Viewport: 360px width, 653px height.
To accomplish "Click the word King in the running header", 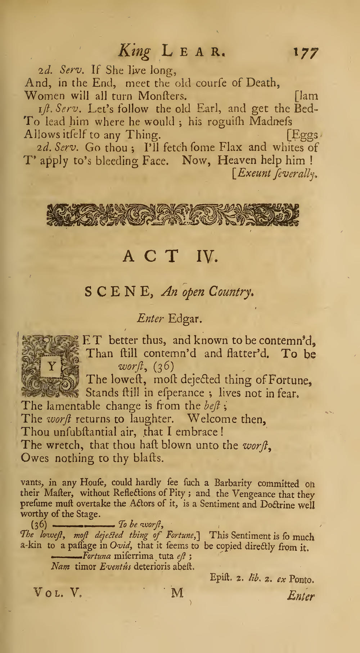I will pyautogui.click(x=134, y=51).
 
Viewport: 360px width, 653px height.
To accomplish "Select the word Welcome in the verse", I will pyautogui.click(x=217, y=419).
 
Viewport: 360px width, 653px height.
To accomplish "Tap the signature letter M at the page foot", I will pyautogui.click(x=177, y=593).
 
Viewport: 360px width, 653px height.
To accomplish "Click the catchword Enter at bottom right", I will pyautogui.click(x=301, y=596).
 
